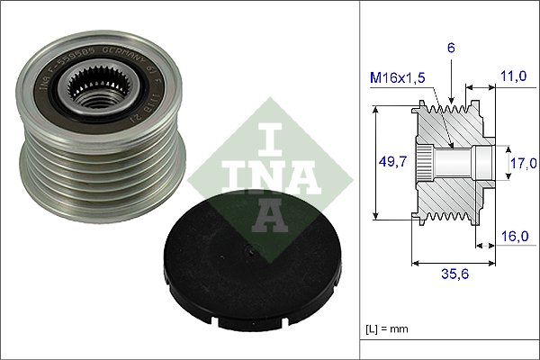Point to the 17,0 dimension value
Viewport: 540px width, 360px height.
(523, 163)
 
